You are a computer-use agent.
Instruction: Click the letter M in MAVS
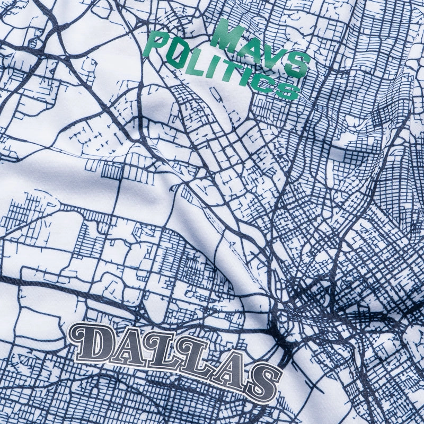[x=227, y=35]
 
